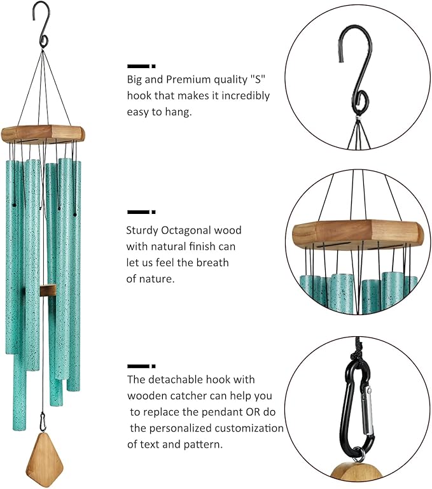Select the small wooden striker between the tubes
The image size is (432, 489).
tap(47, 290)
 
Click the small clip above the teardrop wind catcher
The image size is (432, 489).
tap(43, 421)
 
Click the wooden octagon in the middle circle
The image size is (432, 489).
tap(357, 234)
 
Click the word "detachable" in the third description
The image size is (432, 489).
tap(177, 379)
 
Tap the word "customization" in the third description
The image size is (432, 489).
tap(251, 428)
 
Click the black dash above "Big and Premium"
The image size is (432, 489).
tap(141, 65)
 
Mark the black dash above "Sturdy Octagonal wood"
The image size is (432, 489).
tap(141, 211)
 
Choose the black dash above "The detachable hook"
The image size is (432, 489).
tap(141, 365)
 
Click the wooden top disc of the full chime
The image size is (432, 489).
tap(43, 133)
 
